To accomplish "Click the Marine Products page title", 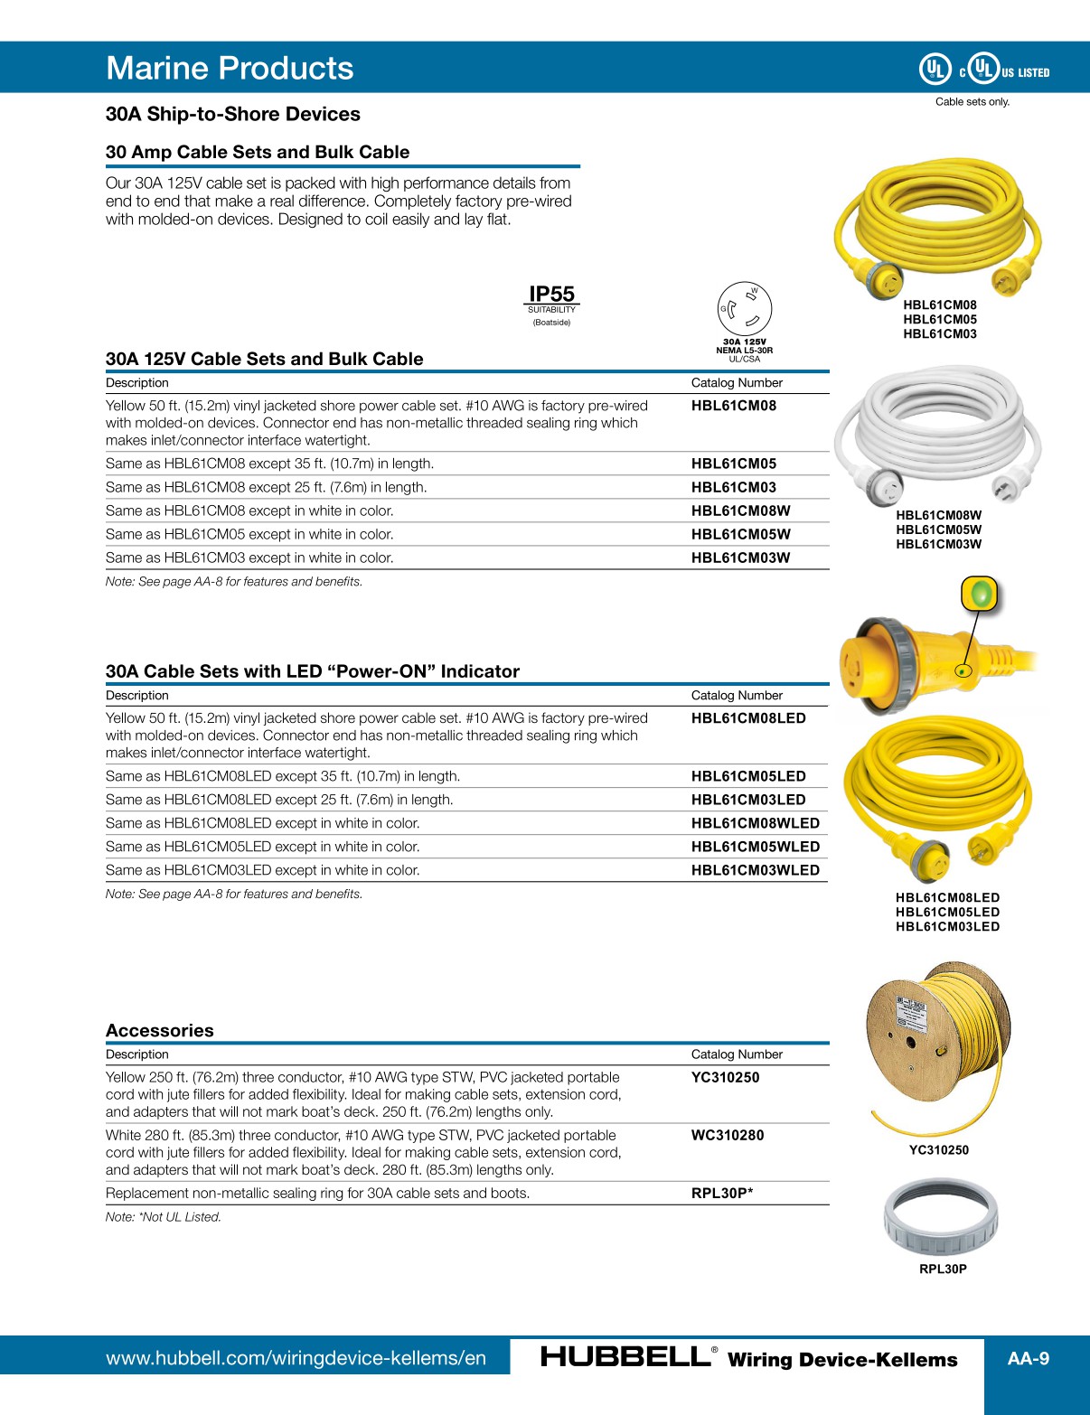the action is tap(230, 68).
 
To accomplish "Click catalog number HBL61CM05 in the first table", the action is tap(733, 464).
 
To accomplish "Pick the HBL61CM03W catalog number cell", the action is tap(740, 558).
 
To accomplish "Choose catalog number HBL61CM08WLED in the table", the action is tap(755, 823).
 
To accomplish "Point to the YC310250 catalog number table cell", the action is tap(725, 1077).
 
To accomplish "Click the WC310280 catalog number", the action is tap(727, 1135).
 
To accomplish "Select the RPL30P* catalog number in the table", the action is tap(721, 1193).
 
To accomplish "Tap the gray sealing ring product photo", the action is tap(941, 1216).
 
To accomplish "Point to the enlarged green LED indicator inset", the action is tap(979, 595).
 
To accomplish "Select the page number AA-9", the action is tap(1029, 1358).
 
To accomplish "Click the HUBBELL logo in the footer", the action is tap(625, 1357).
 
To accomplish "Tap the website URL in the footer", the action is tap(296, 1358).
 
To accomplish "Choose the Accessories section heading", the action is tap(160, 1030).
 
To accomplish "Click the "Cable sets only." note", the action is tap(972, 101).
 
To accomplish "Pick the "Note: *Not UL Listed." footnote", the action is tap(163, 1217).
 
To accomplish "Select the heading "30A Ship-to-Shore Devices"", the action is tap(232, 114).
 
